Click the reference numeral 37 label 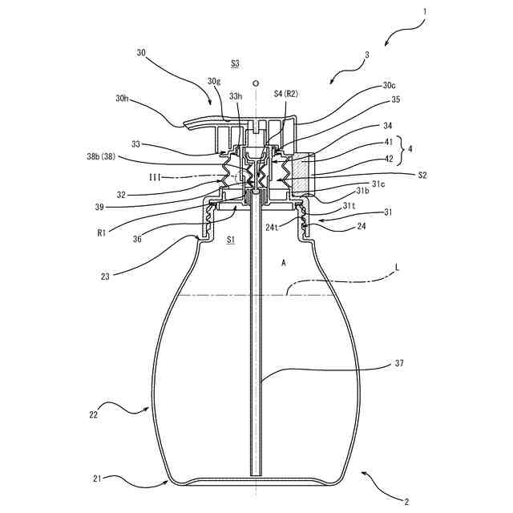tap(398, 363)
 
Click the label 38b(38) tap(104, 158)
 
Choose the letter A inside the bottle tap(283, 262)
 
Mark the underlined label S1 tap(231, 239)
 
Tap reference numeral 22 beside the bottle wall tap(94, 414)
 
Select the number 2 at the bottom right tap(406, 502)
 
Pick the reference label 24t tap(272, 227)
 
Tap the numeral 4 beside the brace tap(411, 149)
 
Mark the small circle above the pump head tap(255, 82)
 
